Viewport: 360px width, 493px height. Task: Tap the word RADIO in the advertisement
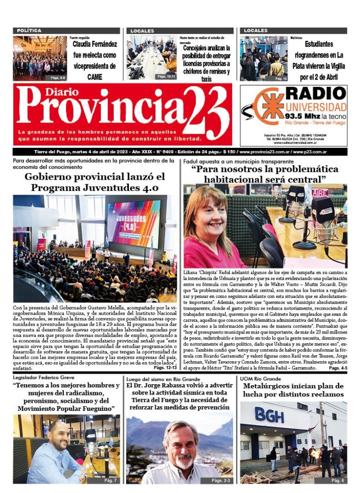point(316,93)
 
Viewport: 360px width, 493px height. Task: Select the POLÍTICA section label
point(29,30)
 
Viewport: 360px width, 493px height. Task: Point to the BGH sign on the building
point(269,414)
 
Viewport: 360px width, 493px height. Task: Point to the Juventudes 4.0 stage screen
point(133,224)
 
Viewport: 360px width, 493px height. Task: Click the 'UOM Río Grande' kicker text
point(260,379)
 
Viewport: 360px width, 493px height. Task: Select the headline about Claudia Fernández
point(94,61)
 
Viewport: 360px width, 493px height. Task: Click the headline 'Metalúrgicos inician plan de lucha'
point(293,390)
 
